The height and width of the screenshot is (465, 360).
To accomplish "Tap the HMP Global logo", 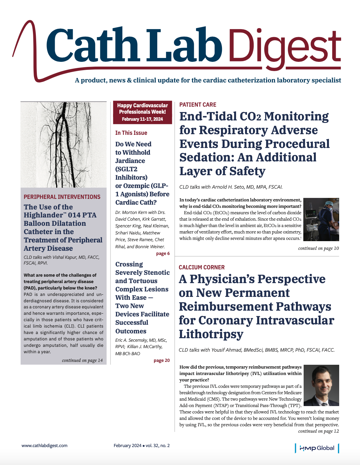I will (x=317, y=448).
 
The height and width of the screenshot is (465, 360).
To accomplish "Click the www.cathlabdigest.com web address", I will (x=45, y=445).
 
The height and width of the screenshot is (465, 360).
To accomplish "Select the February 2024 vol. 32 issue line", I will (x=142, y=445).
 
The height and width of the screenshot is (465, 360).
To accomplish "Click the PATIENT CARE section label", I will (x=198, y=105).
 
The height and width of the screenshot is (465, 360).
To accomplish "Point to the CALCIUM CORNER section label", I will (x=201, y=267).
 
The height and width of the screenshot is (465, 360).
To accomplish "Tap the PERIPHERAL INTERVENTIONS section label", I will (x=62, y=197).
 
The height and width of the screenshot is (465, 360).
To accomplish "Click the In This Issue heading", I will (x=131, y=133).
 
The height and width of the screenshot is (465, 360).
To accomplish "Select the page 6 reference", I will (x=163, y=254).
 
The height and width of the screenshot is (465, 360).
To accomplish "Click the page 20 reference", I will (x=161, y=361).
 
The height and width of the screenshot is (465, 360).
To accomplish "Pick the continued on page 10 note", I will (x=318, y=248).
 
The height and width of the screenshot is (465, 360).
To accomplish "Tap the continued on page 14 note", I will (x=82, y=360).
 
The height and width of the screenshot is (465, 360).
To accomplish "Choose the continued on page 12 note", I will (x=318, y=431).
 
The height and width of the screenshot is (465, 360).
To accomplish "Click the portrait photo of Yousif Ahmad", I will (x=321, y=385).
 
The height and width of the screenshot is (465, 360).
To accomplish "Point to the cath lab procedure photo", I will (x=321, y=219).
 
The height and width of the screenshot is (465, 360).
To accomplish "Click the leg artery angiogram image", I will (x=63, y=145).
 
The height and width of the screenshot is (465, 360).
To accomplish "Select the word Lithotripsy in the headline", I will (x=211, y=334).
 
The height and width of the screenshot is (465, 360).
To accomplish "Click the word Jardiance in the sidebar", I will (x=130, y=161).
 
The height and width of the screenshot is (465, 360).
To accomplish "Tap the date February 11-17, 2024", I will (x=142, y=119).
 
